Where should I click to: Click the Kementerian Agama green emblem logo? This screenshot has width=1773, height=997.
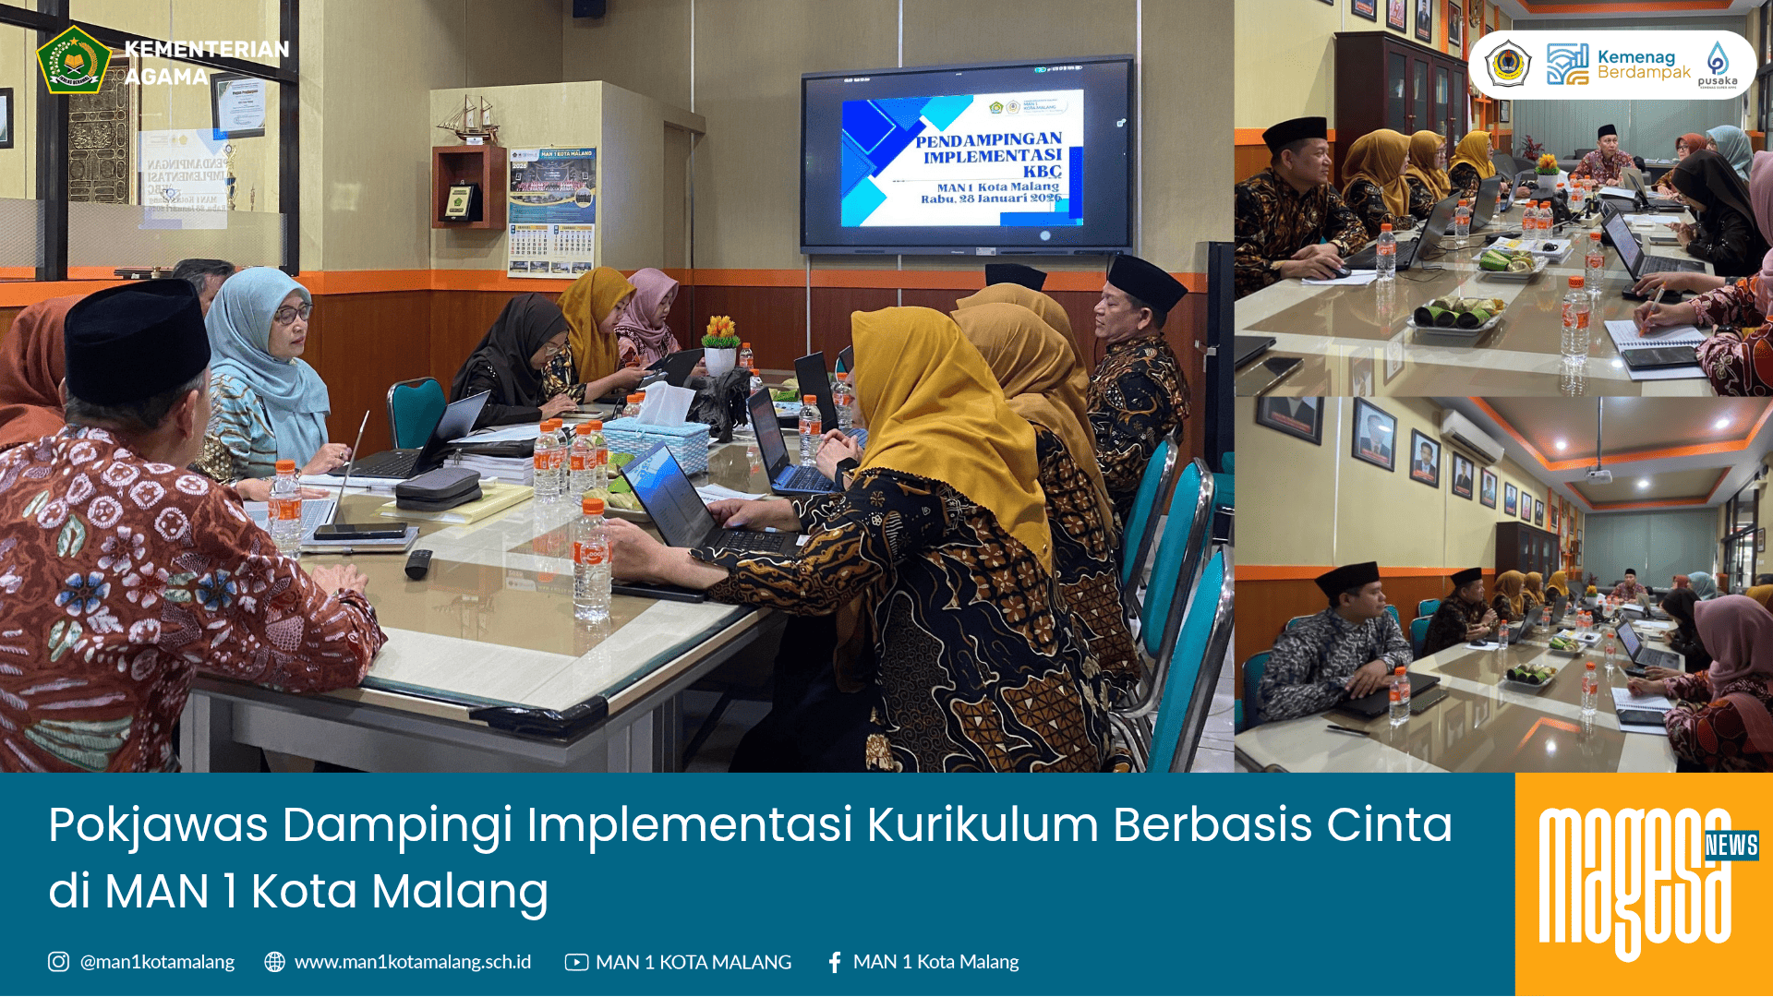[73, 60]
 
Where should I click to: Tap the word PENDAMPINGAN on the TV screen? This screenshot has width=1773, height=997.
[988, 140]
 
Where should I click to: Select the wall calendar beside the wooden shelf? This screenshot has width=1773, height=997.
[551, 210]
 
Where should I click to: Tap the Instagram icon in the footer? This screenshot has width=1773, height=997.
[58, 962]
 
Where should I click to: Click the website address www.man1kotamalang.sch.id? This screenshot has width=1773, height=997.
[412, 962]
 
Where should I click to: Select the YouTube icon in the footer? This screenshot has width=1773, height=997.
[576, 962]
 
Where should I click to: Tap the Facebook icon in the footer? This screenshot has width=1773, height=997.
[835, 962]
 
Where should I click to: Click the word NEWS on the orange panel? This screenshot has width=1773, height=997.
[1731, 845]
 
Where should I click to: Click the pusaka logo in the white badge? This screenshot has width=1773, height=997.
[1717, 65]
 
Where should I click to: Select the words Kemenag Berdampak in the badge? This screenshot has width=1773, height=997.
[1643, 65]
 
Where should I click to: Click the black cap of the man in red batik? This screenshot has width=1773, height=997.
[137, 342]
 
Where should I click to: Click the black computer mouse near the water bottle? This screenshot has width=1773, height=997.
[418, 563]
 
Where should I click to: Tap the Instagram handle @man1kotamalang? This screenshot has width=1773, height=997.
[157, 962]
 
